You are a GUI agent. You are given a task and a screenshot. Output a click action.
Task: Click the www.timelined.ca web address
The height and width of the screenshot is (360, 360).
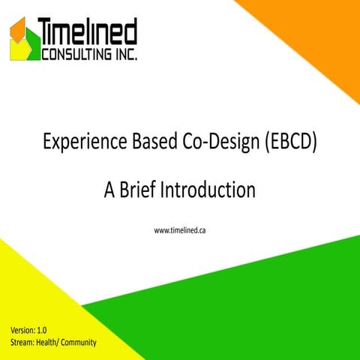point(180,230)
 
